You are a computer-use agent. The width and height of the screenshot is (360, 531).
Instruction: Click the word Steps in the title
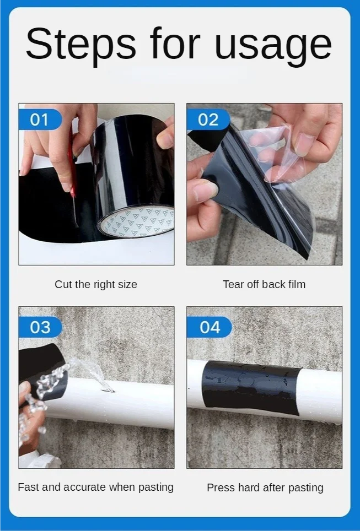80,44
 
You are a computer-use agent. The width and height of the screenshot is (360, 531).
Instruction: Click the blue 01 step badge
40,120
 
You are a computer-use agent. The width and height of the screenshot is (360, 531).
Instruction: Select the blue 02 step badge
208,120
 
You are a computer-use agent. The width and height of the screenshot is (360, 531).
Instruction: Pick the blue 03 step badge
40,327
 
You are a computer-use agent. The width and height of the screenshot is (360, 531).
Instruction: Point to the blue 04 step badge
209,327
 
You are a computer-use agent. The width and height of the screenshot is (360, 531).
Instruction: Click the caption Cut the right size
96,284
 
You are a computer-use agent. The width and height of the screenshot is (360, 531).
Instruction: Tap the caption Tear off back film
264,284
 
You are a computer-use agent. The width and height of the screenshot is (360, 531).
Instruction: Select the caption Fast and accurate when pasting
95,487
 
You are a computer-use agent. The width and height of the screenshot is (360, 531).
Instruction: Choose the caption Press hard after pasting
265,487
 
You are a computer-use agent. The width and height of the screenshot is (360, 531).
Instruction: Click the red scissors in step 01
73,176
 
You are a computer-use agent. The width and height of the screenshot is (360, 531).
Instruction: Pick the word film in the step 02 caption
297,284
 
